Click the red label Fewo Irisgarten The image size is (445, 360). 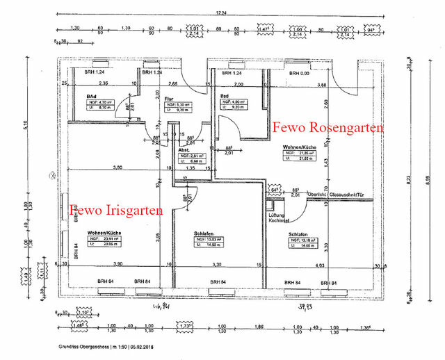[x=115, y=209]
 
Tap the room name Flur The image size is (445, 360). [x=168, y=99]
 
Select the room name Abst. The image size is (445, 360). [x=184, y=149]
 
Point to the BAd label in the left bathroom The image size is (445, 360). [x=91, y=96]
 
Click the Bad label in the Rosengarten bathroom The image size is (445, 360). [x=225, y=96]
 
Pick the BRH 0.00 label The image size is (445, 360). [x=300, y=72]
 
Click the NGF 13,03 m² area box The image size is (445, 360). [x=209, y=241]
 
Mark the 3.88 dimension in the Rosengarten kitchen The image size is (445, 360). [x=322, y=84]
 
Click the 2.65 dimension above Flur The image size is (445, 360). [x=172, y=84]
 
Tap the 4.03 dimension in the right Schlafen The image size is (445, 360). [x=319, y=265]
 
